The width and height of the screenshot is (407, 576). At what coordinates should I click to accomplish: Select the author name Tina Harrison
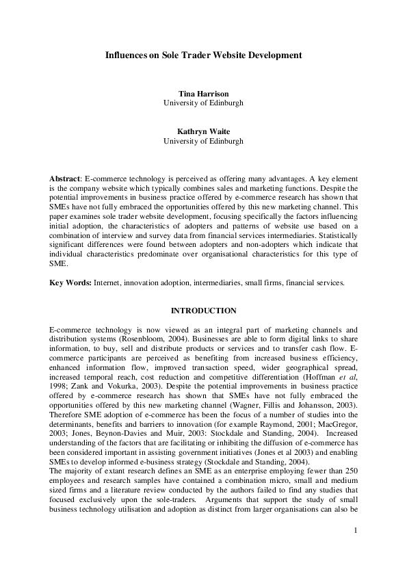pyautogui.click(x=203, y=93)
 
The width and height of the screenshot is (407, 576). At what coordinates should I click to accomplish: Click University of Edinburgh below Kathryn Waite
pyautogui.click(x=203, y=142)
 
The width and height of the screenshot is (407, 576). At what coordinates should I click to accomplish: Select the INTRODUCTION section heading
pyautogui.click(x=203, y=310)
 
